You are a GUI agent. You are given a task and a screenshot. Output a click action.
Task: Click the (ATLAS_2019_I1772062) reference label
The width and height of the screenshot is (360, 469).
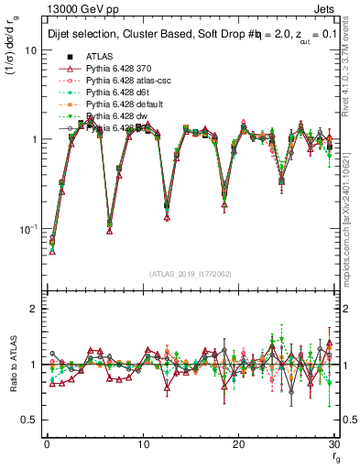pos(190,274)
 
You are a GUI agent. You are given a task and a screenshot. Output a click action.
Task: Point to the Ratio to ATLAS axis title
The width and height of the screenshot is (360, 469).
pos(13,365)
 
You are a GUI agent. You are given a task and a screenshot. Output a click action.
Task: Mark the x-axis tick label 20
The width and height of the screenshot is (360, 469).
pos(238,444)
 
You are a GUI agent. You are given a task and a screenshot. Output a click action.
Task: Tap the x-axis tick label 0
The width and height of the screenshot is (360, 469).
pos(47,444)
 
